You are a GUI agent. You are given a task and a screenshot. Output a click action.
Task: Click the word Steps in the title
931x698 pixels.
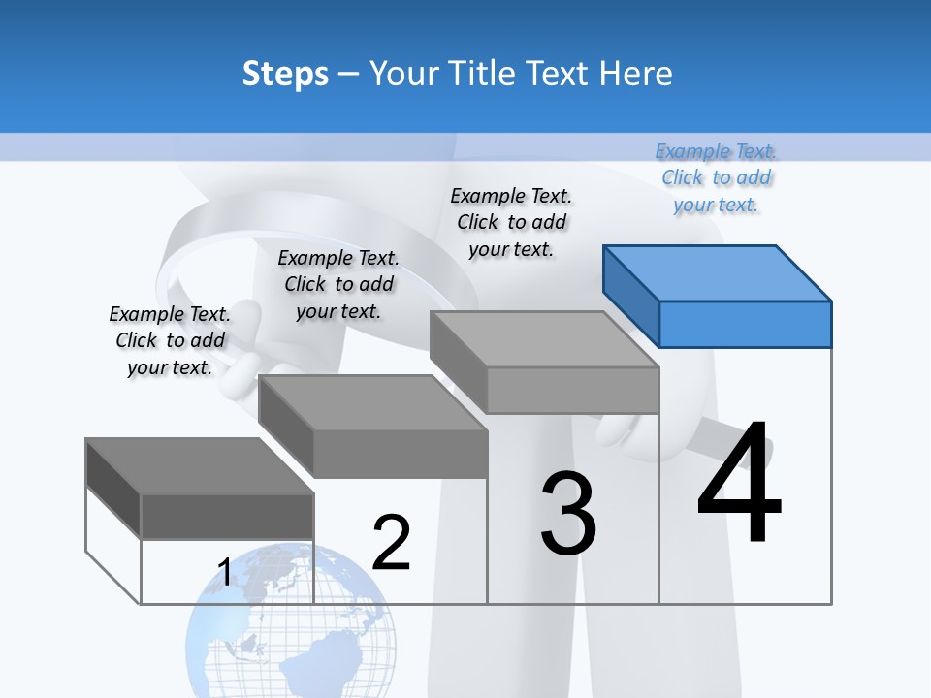285,74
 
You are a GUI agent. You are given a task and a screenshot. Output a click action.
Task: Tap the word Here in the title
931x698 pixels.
634,74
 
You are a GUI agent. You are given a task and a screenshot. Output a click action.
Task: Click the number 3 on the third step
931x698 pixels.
568,514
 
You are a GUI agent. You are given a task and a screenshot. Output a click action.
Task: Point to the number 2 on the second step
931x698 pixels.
391,543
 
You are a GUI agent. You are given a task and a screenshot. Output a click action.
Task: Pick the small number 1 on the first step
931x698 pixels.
224,573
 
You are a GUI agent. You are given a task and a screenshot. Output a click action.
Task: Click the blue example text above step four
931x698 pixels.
717,178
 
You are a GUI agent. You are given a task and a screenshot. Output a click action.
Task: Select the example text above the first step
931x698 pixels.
170,340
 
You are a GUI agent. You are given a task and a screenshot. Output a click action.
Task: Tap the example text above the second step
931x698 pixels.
338,284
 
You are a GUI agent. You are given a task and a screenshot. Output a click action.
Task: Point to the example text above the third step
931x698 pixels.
511,222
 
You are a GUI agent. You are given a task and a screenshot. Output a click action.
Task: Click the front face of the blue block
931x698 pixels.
745,324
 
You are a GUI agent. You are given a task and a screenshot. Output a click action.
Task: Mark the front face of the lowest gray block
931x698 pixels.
227,516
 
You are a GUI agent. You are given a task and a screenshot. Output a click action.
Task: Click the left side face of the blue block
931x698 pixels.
630,291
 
